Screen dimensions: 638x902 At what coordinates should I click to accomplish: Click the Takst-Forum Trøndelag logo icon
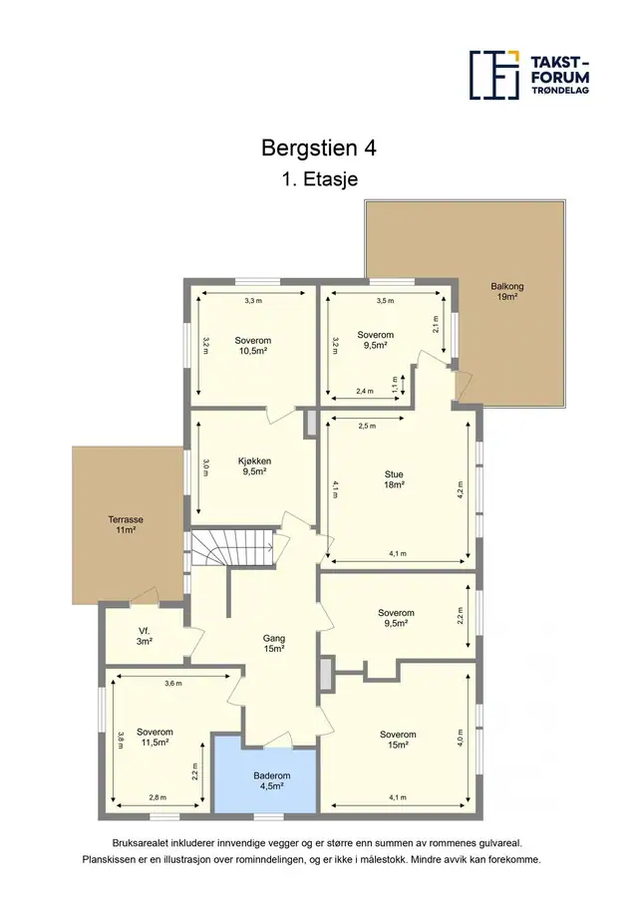tap(494, 75)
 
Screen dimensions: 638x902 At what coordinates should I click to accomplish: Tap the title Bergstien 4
tap(319, 148)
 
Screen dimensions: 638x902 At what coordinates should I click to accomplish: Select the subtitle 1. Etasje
tap(320, 178)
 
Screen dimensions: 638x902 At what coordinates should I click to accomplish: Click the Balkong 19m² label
tap(507, 292)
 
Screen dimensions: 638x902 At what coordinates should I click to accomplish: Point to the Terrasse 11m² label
tap(126, 524)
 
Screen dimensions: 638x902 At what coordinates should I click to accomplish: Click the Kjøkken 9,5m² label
tap(254, 466)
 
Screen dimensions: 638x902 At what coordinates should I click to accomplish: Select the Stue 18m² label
tap(394, 479)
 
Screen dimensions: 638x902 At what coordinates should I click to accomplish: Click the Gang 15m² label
tap(274, 644)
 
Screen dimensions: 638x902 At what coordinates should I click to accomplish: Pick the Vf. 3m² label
tap(144, 636)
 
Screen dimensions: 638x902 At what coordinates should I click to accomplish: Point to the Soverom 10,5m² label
tap(253, 346)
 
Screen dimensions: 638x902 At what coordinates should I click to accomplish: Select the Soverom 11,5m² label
tap(155, 738)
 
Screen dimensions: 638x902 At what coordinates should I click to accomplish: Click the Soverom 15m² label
tap(398, 740)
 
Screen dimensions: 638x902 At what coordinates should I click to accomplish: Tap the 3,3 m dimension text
tap(253, 301)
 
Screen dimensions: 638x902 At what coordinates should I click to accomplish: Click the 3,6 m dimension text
tap(173, 684)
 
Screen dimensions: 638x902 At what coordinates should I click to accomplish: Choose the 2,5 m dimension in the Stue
tap(367, 427)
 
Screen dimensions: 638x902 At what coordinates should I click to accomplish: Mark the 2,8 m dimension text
tap(158, 797)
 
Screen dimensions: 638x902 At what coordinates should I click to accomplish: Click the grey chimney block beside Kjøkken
tap(311, 424)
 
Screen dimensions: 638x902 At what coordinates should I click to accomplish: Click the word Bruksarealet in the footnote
tap(141, 843)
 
